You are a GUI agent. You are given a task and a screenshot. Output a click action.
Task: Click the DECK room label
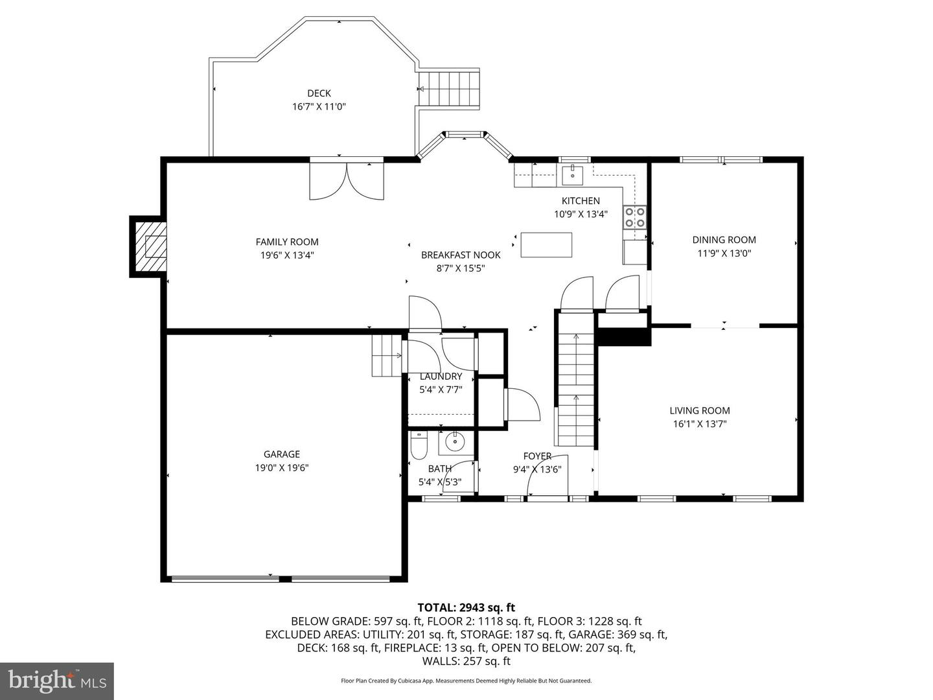319,93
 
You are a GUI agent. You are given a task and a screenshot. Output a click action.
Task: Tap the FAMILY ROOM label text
287,242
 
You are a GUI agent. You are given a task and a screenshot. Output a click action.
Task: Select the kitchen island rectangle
546,245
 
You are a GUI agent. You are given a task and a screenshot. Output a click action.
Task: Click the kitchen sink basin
573,175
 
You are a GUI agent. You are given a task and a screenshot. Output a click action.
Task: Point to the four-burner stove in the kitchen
635,217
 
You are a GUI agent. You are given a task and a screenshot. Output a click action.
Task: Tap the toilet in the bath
419,447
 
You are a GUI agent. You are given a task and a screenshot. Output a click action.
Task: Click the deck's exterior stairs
449,89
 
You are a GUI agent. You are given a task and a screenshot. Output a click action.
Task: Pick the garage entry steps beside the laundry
387,355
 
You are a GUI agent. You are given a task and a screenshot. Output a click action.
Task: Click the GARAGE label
281,454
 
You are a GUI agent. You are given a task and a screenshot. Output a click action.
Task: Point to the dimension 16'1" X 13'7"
700,424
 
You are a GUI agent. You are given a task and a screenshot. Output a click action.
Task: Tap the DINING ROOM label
724,240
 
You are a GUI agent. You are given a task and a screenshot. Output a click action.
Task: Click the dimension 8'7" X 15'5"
461,268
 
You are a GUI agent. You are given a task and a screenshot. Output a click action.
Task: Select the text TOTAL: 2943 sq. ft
466,607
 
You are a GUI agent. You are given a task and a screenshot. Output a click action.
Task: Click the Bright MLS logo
57,680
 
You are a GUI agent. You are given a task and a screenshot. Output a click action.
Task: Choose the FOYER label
537,456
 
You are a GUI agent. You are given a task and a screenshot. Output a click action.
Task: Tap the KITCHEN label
581,201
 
